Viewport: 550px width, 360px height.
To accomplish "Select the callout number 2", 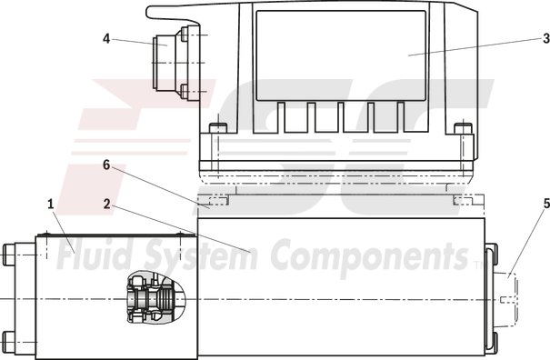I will tap(107, 204).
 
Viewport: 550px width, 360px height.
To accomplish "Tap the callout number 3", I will tap(545, 37).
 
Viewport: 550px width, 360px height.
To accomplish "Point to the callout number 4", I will tap(106, 38).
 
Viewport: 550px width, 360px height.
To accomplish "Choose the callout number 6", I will tap(106, 165).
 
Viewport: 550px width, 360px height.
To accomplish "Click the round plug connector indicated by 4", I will tap(167, 63).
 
